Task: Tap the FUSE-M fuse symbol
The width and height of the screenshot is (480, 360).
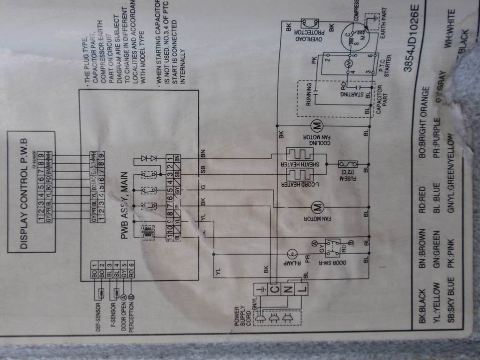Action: pyautogui.click(x=348, y=165)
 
